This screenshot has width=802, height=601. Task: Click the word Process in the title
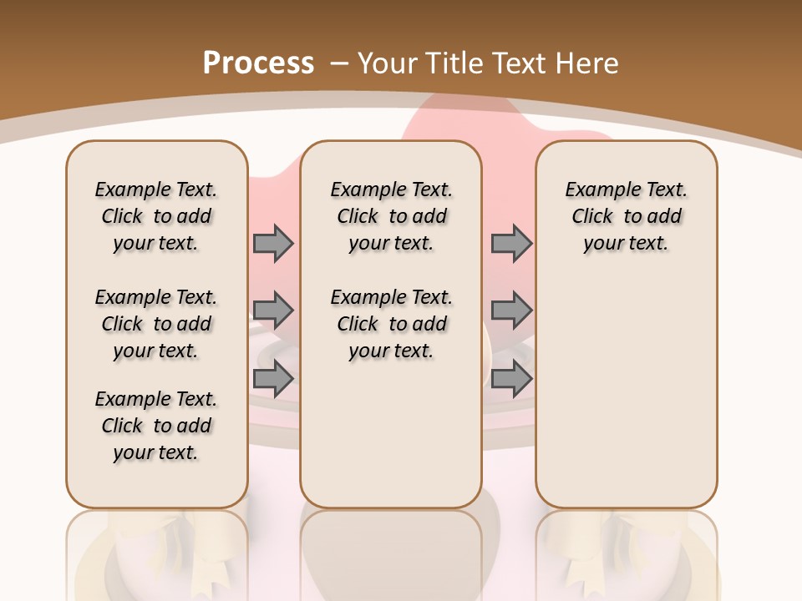coord(258,63)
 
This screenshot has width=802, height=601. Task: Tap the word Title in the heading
coord(456,63)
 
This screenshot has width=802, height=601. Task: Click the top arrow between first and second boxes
coord(273,243)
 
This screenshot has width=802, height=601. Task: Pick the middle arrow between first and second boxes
coord(273,311)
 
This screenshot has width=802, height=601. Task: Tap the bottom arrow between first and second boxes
coord(273,379)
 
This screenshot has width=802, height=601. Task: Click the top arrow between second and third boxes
coord(511,243)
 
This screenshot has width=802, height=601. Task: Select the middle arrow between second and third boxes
coord(511,311)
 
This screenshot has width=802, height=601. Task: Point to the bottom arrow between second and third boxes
coord(511,379)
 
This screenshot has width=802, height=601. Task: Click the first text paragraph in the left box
coord(156,216)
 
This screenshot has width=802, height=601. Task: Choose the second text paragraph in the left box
coord(156,324)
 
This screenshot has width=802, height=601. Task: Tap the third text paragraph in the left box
coord(156,426)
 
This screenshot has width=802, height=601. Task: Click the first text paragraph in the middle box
coord(391,216)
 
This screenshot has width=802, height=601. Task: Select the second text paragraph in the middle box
coord(391,324)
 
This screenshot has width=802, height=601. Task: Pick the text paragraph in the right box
coord(626,216)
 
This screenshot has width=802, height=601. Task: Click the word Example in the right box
coord(596,189)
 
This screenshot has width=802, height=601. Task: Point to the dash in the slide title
coord(339,63)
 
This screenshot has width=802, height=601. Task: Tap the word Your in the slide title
coord(389,63)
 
